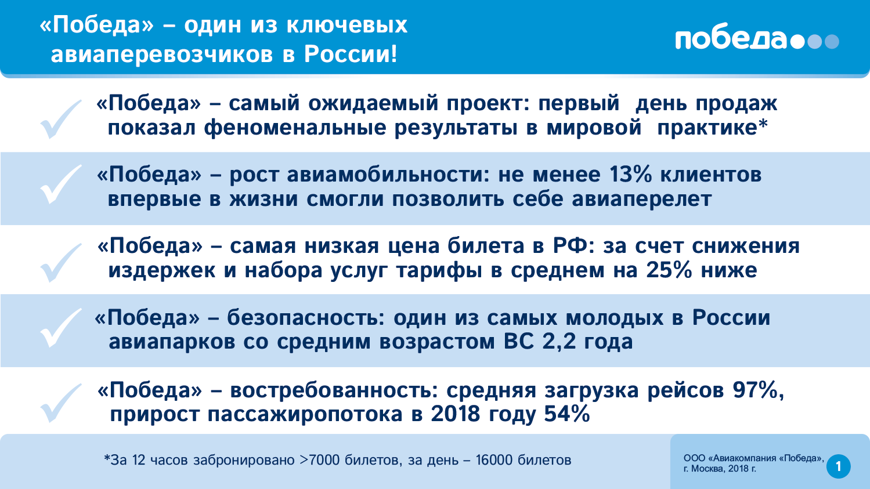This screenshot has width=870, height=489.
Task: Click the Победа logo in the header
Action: tap(757, 40)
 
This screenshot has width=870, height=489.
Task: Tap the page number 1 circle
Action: tap(839, 466)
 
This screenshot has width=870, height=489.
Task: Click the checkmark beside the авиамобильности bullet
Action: tap(61, 184)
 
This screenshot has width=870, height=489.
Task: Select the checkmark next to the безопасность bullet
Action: tap(61, 328)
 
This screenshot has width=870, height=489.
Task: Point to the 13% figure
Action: tap(630, 174)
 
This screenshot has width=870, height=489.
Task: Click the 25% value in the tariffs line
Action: tap(669, 270)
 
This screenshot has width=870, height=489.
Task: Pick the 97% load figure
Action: tap(758, 390)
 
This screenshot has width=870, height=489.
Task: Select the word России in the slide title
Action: tap(351, 54)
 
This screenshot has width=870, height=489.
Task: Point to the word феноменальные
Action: tap(295, 128)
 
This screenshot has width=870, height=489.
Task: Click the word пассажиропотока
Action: tap(305, 415)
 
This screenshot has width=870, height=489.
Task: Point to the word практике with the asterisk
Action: tap(713, 128)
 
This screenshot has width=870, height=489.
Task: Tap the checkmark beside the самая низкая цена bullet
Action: tap(61, 263)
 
